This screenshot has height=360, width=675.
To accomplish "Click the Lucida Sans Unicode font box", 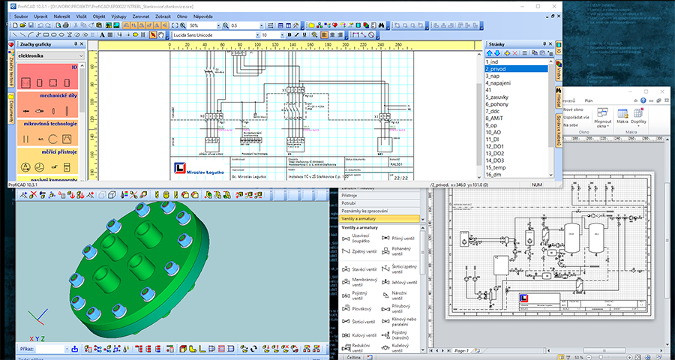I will pyautogui.click(x=213, y=34).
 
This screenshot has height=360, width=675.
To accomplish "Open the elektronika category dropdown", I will pyautogui.click(x=49, y=55).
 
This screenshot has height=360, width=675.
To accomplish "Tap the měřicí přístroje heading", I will pyautogui.click(x=48, y=151).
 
